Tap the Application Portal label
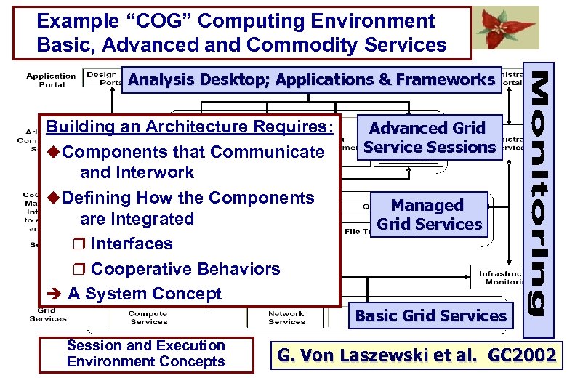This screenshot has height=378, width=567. coord(51,79)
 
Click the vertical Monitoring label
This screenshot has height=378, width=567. coord(546,196)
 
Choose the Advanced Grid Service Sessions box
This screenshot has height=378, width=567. coord(429,137)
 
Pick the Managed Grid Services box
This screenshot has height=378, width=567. coord(429,215)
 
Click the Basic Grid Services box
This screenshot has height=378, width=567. coord(430,315)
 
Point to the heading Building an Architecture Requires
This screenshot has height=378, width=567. coord(190,127)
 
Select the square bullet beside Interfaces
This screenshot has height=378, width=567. coord(81,244)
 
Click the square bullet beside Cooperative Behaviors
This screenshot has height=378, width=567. coord(81,270)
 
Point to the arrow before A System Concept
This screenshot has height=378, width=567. coord(53,294)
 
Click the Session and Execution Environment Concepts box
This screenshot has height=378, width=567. coord(145,354)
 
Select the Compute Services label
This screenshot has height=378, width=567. coord(148,318)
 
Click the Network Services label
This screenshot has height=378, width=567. coord(286,318)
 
